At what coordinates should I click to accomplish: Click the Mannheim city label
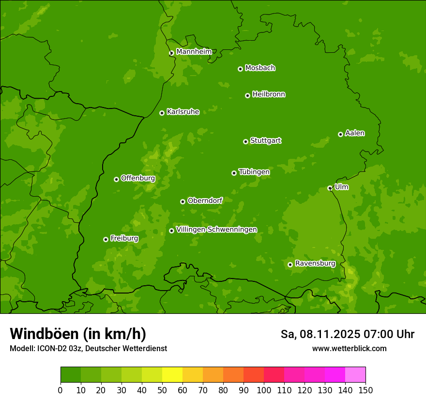[194, 51]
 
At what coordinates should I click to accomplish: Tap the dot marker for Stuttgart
[245, 141]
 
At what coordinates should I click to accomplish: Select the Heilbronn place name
[269, 94]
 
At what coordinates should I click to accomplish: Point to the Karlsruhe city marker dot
[162, 113]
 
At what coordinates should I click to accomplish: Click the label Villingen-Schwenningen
[216, 229]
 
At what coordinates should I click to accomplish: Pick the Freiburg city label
[124, 238]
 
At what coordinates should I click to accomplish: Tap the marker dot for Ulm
[330, 188]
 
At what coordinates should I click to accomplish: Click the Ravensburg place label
[315, 263]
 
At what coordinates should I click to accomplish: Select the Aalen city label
[355, 133]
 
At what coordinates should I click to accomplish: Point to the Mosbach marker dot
[240, 69]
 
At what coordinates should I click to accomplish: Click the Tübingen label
[254, 171]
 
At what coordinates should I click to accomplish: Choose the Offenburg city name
[138, 178]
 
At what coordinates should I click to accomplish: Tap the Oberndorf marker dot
[183, 201]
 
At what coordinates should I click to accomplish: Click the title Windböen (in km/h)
[77, 334]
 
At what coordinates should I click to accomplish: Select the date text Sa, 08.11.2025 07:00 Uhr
[347, 334]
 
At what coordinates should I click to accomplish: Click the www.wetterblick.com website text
[349, 348]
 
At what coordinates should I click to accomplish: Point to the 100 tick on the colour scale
[264, 390]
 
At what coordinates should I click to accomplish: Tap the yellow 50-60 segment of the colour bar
[172, 375]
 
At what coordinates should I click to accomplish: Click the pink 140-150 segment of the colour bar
[355, 375]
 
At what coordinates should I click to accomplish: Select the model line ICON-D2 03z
[88, 348]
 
